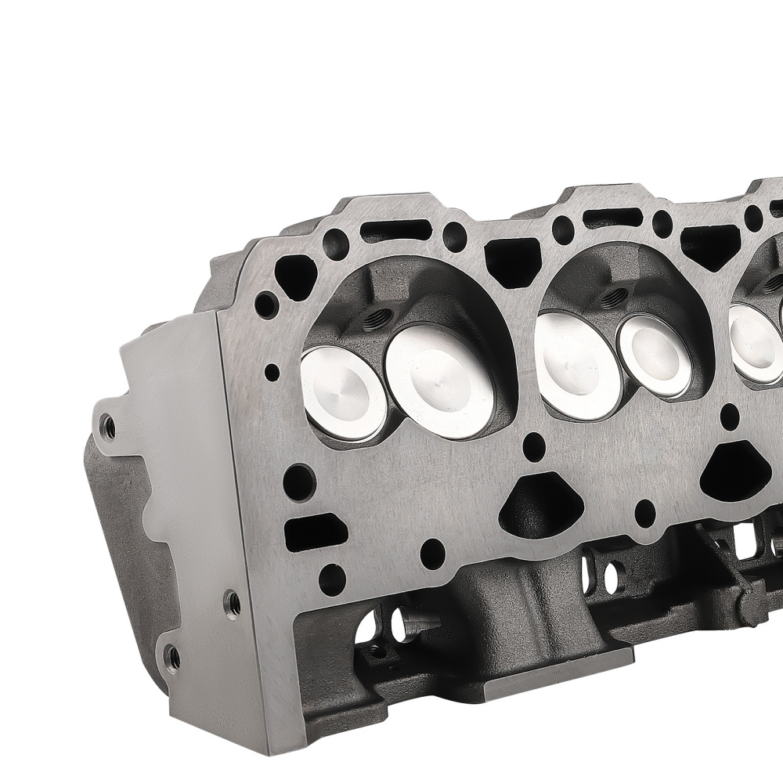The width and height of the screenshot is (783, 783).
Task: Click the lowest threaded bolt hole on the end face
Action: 171,655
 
